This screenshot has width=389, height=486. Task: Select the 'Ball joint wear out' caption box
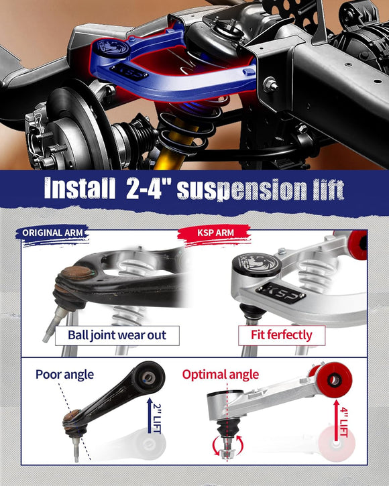[x=117, y=335]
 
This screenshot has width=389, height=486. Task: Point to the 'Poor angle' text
[x=65, y=373]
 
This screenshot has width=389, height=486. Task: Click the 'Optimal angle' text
[x=223, y=373]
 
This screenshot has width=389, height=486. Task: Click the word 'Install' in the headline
[x=78, y=189]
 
